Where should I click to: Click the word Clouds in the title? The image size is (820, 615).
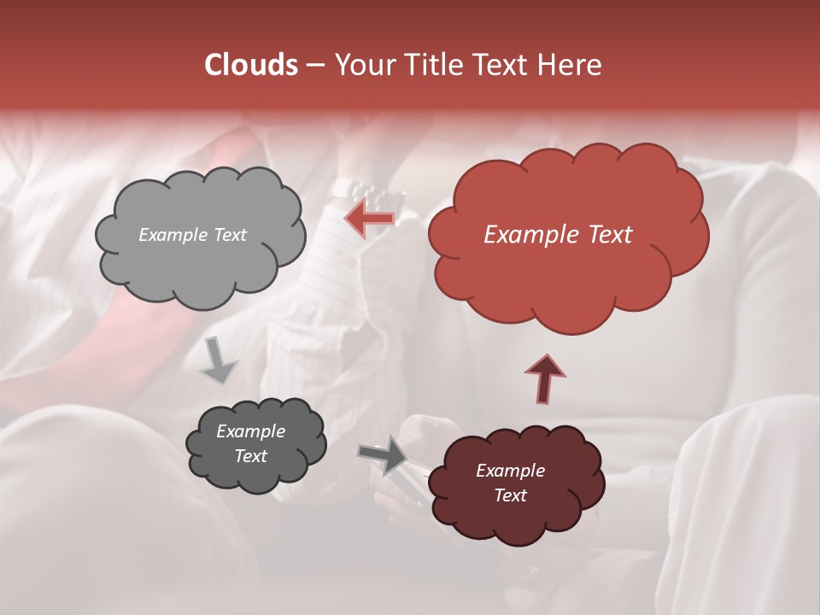click(x=251, y=65)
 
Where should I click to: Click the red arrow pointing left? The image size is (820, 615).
click(x=370, y=220)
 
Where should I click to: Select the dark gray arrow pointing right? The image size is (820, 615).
click(x=384, y=454)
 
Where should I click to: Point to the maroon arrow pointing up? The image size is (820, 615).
click(x=544, y=378)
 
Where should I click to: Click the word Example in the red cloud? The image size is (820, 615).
click(x=523, y=235)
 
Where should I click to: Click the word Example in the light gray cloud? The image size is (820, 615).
click(x=172, y=235)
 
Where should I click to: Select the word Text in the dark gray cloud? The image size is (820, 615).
click(x=251, y=456)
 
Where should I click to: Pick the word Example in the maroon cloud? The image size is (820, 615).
click(x=510, y=471)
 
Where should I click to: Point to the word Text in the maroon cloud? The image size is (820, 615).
click(x=510, y=495)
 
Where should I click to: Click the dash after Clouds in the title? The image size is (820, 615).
click(x=314, y=65)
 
